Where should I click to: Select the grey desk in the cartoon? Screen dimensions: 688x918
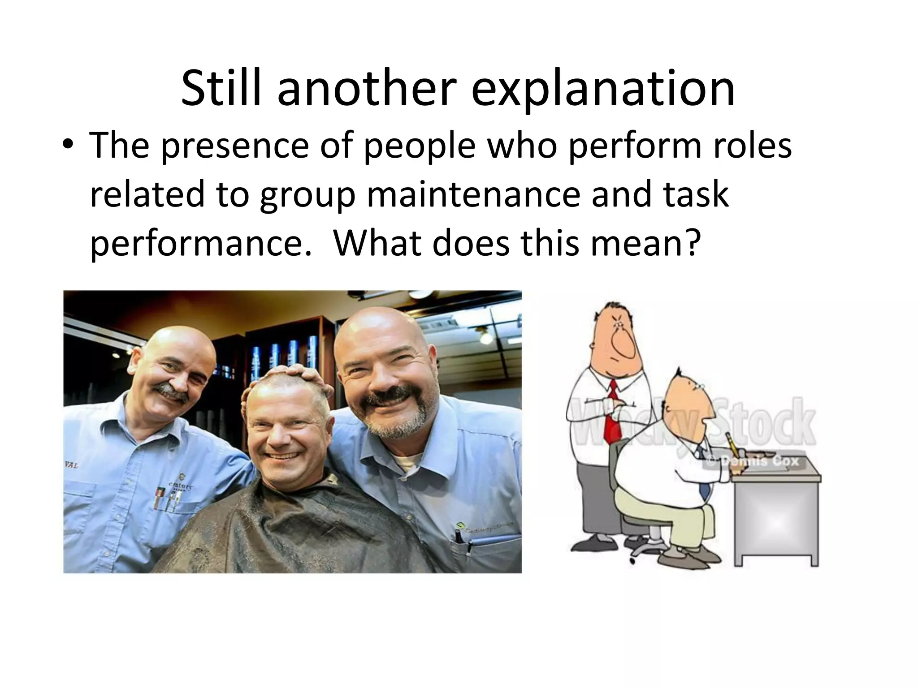778,515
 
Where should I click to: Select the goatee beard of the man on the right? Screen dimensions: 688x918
394,421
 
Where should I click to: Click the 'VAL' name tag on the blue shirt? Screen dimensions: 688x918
72,465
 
